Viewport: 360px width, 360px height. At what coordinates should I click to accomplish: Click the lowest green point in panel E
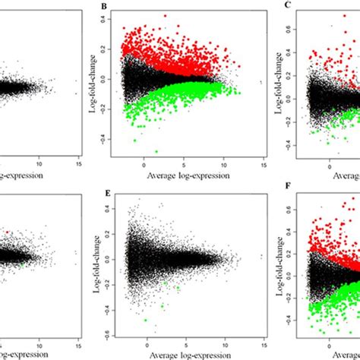(146, 321)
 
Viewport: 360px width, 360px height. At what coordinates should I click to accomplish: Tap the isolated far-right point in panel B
(261, 82)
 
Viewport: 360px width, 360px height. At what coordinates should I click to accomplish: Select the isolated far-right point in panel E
(262, 257)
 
